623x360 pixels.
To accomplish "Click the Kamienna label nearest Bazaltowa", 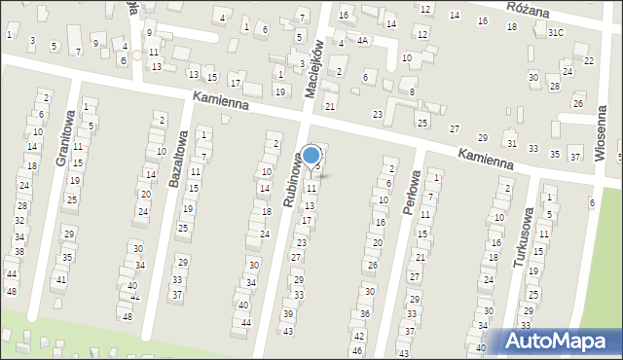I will tap(221, 100).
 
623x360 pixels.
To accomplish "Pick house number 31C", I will tap(555, 32).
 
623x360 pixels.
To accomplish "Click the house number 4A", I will tap(362, 41).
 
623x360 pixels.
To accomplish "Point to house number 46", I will tap(357, 350).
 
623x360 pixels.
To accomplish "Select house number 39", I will tap(288, 314).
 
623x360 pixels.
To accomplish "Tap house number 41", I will tap(60, 280).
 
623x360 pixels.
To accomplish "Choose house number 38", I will tap(18, 251).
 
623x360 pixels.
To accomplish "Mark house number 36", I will tap(364, 313).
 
